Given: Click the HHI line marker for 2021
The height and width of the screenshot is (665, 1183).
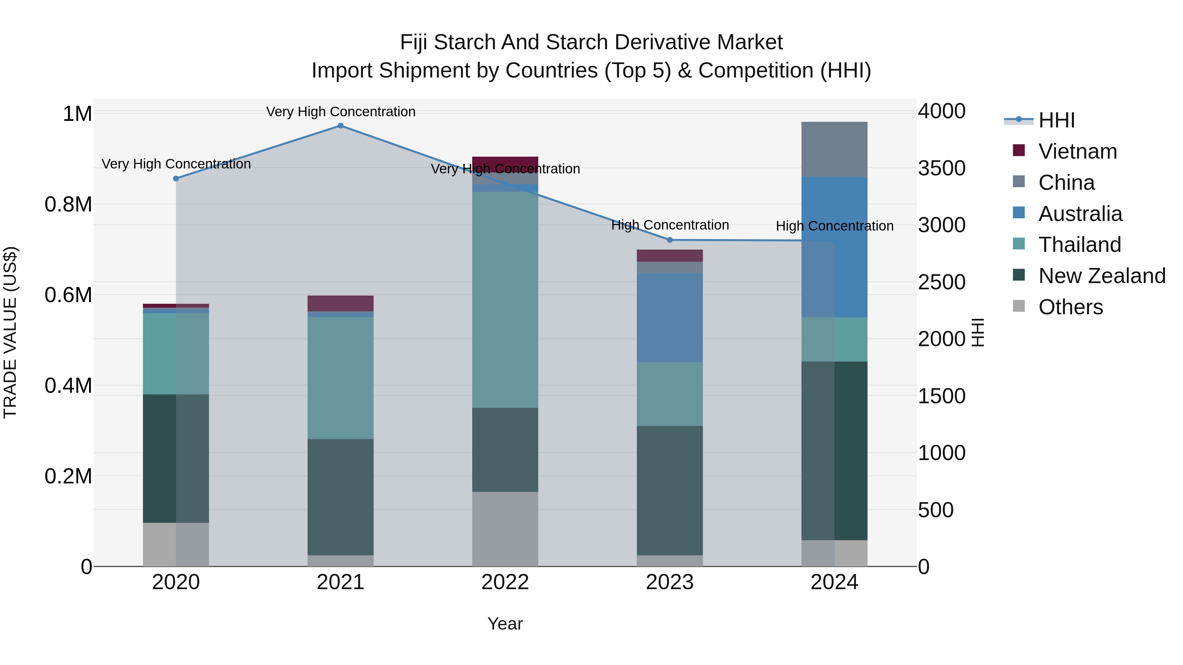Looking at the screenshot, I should [340, 126].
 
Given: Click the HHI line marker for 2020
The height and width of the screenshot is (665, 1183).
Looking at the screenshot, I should [176, 179].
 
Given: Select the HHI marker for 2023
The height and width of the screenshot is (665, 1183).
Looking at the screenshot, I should [670, 240].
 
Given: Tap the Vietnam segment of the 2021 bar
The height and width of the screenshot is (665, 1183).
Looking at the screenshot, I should [340, 303].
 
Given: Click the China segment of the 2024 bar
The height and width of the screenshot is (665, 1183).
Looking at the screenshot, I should [834, 150].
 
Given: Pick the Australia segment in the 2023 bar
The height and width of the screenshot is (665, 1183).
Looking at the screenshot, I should [670, 318].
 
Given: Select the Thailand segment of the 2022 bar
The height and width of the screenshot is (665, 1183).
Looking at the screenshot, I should [505, 300].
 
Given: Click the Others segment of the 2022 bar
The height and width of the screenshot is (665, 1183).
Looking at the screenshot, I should [505, 529].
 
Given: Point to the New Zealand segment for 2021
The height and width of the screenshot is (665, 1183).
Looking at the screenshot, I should [340, 497].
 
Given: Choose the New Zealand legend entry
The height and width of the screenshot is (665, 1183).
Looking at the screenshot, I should [1101, 276].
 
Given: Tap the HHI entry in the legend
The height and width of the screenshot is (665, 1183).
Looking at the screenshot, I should [1056, 120].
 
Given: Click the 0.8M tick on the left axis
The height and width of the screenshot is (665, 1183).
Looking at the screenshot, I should [68, 204].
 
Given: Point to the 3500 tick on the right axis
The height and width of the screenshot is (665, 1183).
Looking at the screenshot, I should [941, 168].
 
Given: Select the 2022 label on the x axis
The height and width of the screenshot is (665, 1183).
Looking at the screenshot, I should [505, 582].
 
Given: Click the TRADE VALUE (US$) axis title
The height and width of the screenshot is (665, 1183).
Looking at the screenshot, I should [11, 332].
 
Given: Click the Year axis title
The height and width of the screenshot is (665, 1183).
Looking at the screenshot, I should [505, 624].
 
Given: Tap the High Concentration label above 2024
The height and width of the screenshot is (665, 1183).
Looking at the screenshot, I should [834, 226].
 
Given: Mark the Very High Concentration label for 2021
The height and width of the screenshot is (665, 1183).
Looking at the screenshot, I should [340, 112].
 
